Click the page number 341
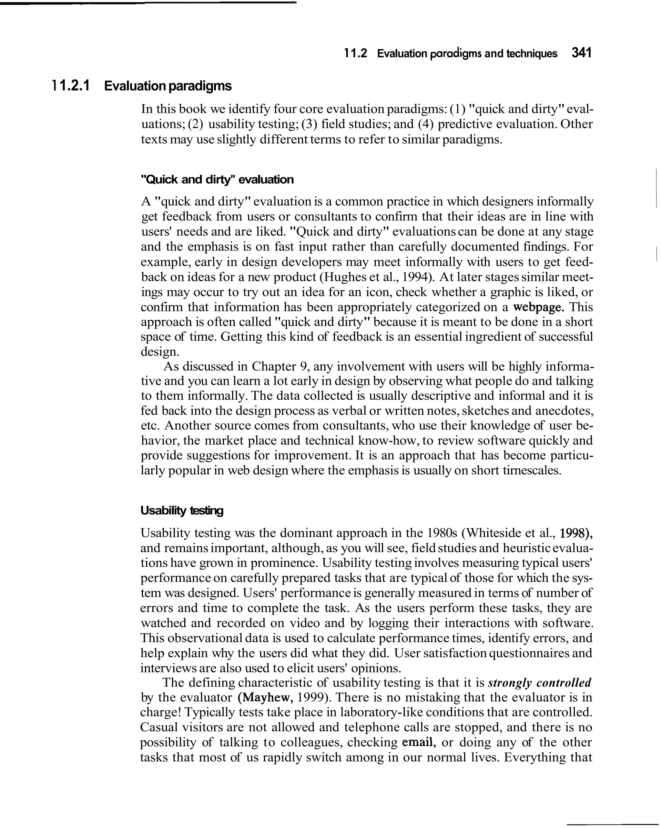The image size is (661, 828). coord(581,53)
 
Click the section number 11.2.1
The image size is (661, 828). coord(70,86)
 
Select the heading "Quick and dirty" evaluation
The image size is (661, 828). coord(217,179)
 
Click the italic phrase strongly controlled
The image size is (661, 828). coord(540,682)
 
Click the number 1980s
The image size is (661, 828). coord(442,533)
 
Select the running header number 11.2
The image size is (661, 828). coord(356,54)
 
